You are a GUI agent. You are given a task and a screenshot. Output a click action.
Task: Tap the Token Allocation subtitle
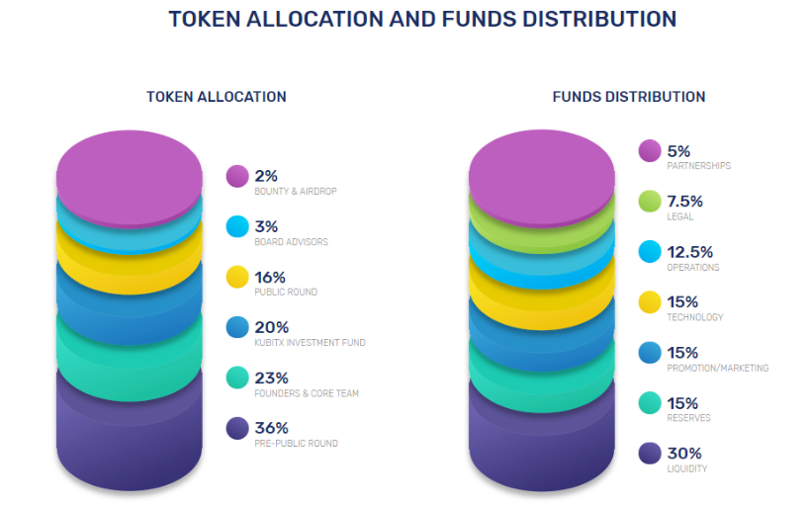coord(216,97)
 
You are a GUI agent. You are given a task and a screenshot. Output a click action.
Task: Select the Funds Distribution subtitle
coord(628,97)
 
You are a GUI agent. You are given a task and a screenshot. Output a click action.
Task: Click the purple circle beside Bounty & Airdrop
coord(237,176)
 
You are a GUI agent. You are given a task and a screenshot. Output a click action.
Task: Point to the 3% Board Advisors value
coord(266,226)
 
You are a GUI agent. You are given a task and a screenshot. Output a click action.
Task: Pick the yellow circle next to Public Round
coord(237,277)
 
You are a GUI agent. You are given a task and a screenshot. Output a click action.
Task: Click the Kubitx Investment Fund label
coord(310,343)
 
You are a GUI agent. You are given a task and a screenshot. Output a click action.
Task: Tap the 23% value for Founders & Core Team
coord(271,378)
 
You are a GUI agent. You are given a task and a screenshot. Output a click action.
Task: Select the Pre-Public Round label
coord(296,444)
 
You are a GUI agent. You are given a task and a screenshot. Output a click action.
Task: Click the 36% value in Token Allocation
coord(271,428)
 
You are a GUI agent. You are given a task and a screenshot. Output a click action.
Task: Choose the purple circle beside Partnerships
coord(650,151)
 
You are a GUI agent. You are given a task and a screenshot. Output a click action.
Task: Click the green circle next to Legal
coord(650,202)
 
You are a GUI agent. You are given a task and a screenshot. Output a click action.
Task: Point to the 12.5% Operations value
coord(689,252)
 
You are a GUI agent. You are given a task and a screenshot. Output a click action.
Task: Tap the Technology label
coord(694,317)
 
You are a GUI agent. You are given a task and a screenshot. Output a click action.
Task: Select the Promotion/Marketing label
coord(717,368)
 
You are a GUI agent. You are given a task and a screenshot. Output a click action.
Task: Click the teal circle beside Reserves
coord(650,403)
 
